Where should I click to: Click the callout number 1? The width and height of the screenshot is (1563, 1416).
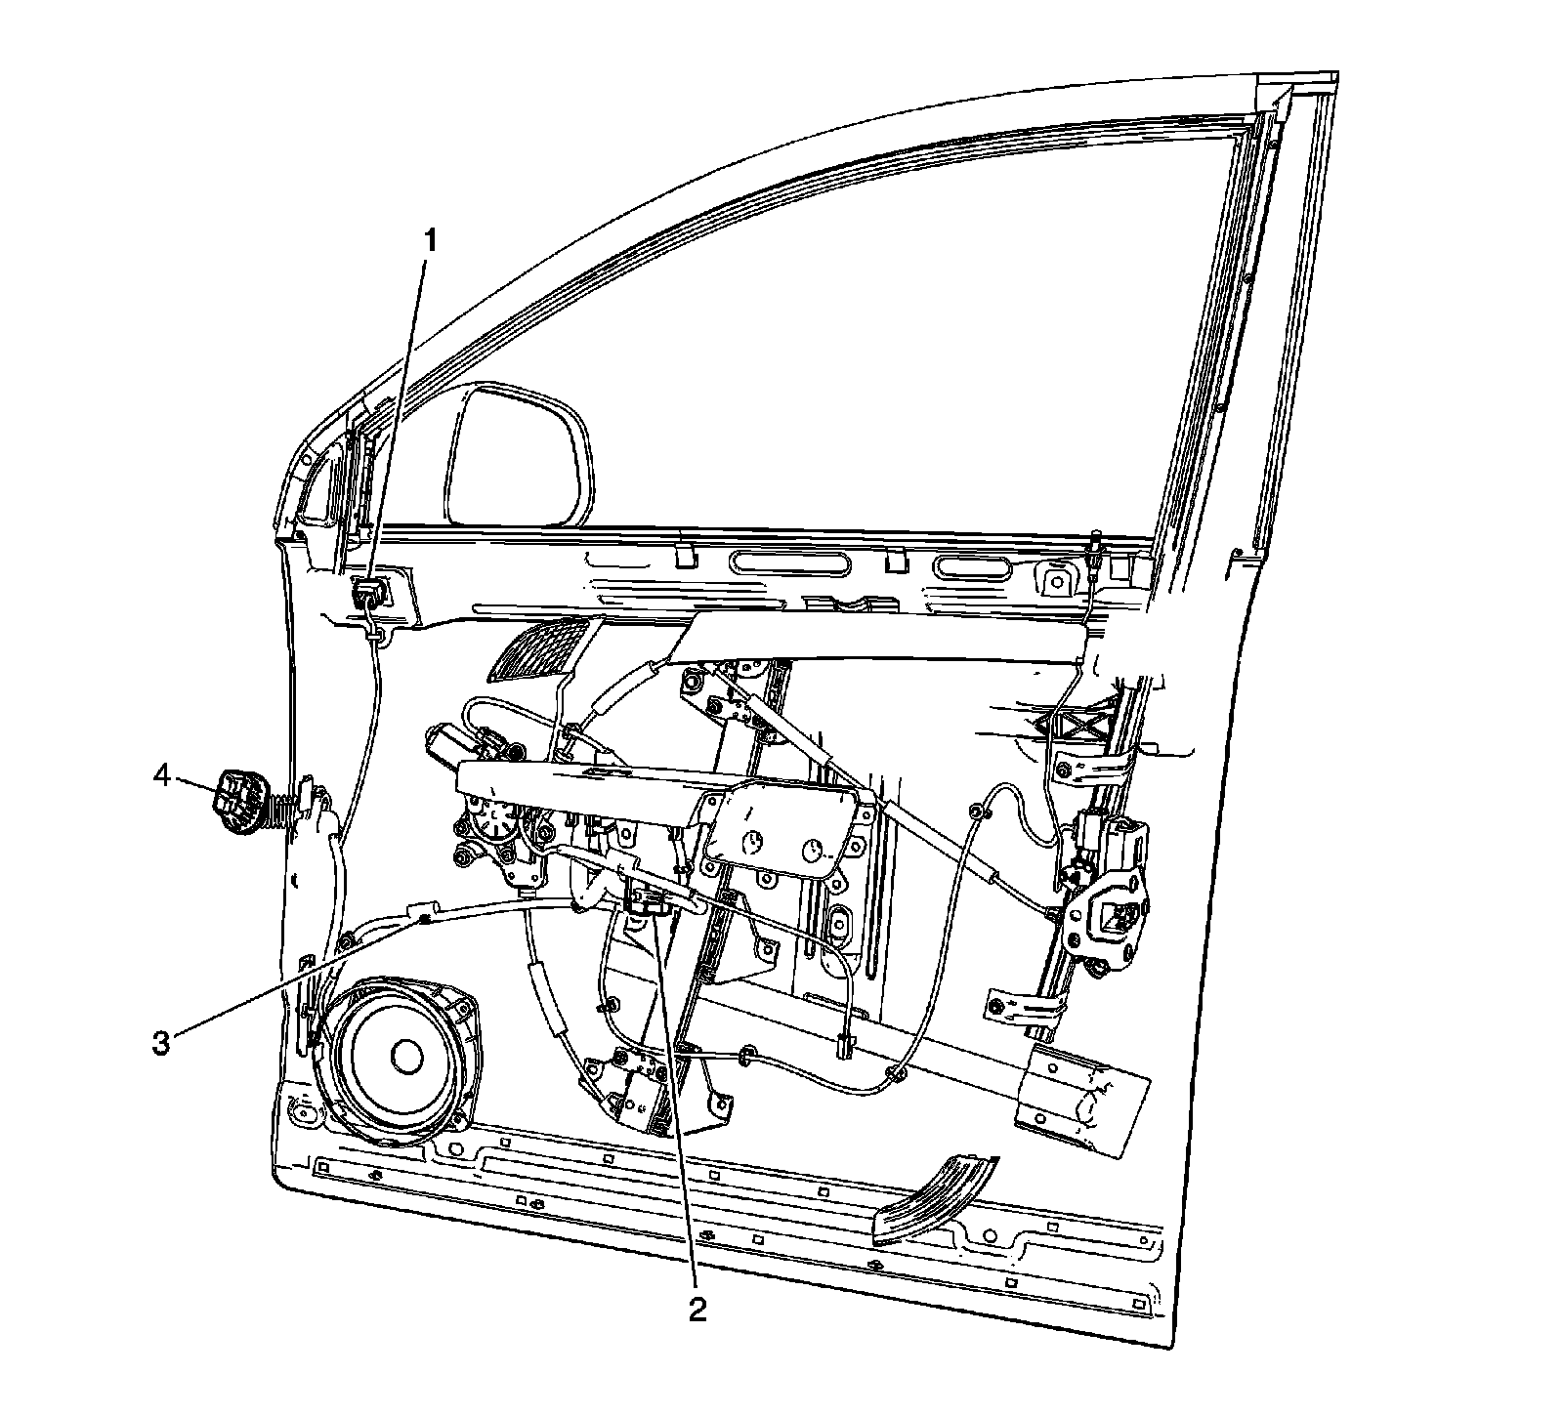(431, 239)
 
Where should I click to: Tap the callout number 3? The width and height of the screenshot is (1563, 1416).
(161, 1042)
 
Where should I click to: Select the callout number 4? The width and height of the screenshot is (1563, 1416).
(162, 777)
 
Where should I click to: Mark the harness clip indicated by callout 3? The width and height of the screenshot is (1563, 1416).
(422, 916)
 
